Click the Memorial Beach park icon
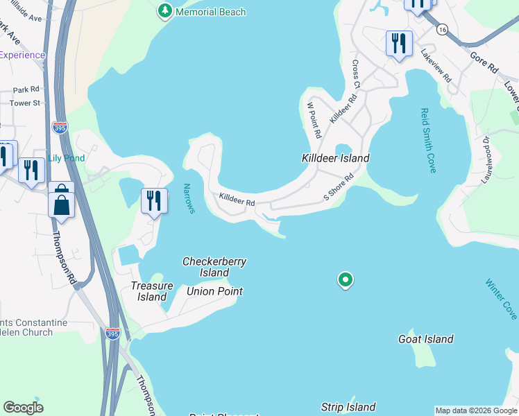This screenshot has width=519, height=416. point(164,10)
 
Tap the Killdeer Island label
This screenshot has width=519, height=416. point(335,158)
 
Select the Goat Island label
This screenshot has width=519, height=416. point(425,339)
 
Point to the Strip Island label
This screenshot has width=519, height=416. point(348,407)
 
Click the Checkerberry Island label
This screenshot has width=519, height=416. point(214,267)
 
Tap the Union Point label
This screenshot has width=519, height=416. point(214,291)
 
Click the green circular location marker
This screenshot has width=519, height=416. point(345,280)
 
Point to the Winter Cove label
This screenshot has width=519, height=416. point(501,299)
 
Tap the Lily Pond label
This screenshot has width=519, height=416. point(66,158)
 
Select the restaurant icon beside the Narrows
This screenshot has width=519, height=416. point(154,200)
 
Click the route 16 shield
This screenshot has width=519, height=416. point(441,30)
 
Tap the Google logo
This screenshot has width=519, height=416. point(23,408)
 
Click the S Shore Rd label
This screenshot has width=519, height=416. point(339,187)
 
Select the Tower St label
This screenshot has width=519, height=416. point(25,103)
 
